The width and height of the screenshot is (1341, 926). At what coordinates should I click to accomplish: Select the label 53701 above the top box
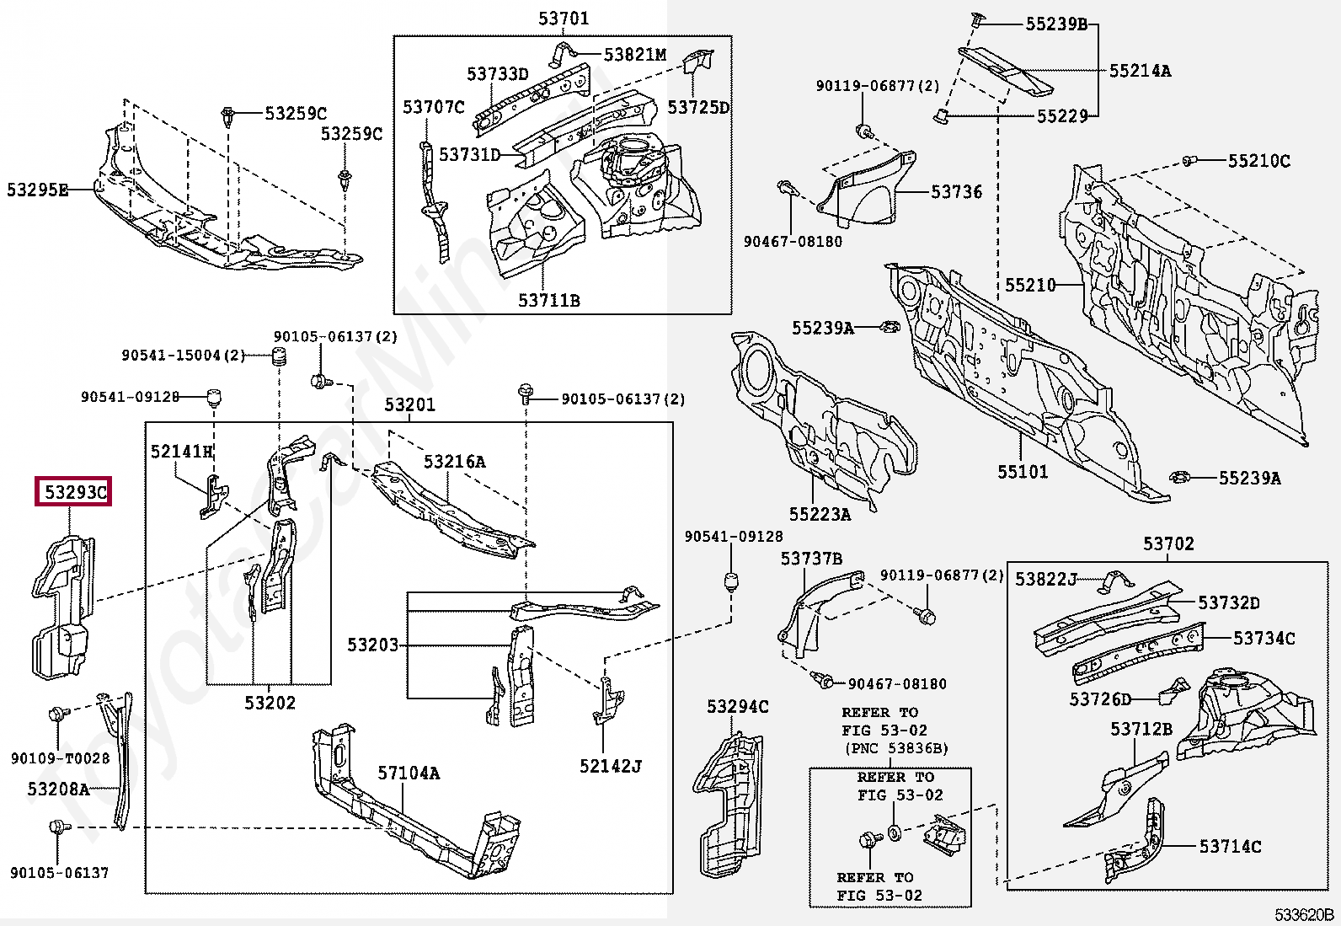click(x=564, y=19)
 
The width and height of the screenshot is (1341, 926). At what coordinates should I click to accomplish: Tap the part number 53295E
click(x=37, y=190)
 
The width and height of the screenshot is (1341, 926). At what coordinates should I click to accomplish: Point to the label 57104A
click(x=409, y=773)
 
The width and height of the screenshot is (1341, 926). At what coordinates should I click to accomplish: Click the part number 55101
click(x=1023, y=472)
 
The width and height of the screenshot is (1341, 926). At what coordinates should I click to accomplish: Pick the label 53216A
click(x=454, y=462)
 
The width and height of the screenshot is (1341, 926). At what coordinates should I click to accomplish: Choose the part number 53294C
click(x=737, y=707)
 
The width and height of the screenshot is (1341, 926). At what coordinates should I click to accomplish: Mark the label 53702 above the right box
click(x=1168, y=544)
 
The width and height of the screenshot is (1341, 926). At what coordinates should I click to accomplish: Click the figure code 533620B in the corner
click(x=1303, y=915)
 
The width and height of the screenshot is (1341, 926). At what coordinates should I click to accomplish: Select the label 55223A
click(x=820, y=514)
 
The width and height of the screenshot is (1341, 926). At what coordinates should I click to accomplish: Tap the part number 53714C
click(x=1230, y=847)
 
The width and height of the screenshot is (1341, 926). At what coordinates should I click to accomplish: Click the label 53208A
click(x=58, y=790)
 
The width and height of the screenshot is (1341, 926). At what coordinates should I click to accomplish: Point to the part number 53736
click(x=956, y=192)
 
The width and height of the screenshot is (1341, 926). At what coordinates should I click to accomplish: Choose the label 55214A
click(x=1140, y=72)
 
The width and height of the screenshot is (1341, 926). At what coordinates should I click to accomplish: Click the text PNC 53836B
click(x=896, y=748)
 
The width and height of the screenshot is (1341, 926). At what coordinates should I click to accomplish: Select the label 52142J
click(x=610, y=767)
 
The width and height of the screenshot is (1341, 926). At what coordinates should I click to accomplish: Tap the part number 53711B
click(x=548, y=301)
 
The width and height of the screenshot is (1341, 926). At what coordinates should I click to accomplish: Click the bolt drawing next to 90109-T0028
click(x=57, y=715)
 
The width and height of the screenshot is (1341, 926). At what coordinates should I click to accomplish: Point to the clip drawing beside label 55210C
click(x=1189, y=160)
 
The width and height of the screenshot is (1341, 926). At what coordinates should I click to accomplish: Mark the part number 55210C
click(x=1258, y=161)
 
